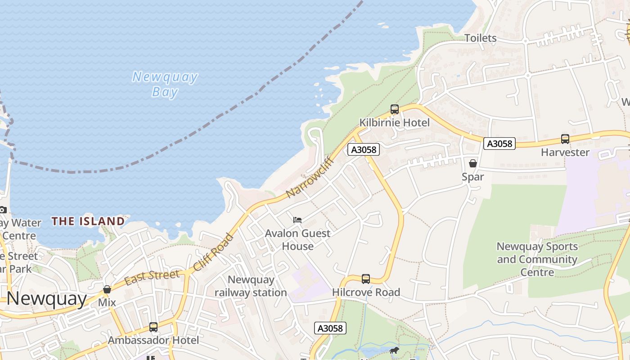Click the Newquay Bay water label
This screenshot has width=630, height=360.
tap(165, 84)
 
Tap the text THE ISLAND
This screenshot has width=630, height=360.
tap(88, 221)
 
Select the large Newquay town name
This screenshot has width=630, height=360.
tap(46, 298)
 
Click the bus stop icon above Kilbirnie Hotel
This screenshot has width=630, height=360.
tap(395, 109)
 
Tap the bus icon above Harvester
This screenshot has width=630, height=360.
tap(565, 139)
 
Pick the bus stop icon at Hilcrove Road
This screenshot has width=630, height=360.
tap(366, 279)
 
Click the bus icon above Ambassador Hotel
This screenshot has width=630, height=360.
tap(153, 327)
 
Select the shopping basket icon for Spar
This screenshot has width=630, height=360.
tap(472, 163)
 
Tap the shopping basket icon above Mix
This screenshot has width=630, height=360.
tap(107, 289)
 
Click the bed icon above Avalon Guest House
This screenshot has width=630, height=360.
tap(297, 220)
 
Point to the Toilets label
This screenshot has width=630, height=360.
tap(480, 38)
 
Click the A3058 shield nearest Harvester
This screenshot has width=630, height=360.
tap(499, 144)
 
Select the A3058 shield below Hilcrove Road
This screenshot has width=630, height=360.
tap(330, 328)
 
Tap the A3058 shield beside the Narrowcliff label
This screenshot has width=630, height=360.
tap(363, 149)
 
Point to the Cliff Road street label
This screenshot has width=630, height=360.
tap(214, 252)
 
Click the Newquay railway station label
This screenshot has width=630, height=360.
tap(251, 286)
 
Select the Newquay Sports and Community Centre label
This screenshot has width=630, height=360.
tap(537, 259)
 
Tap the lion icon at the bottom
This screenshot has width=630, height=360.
tap(394, 350)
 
